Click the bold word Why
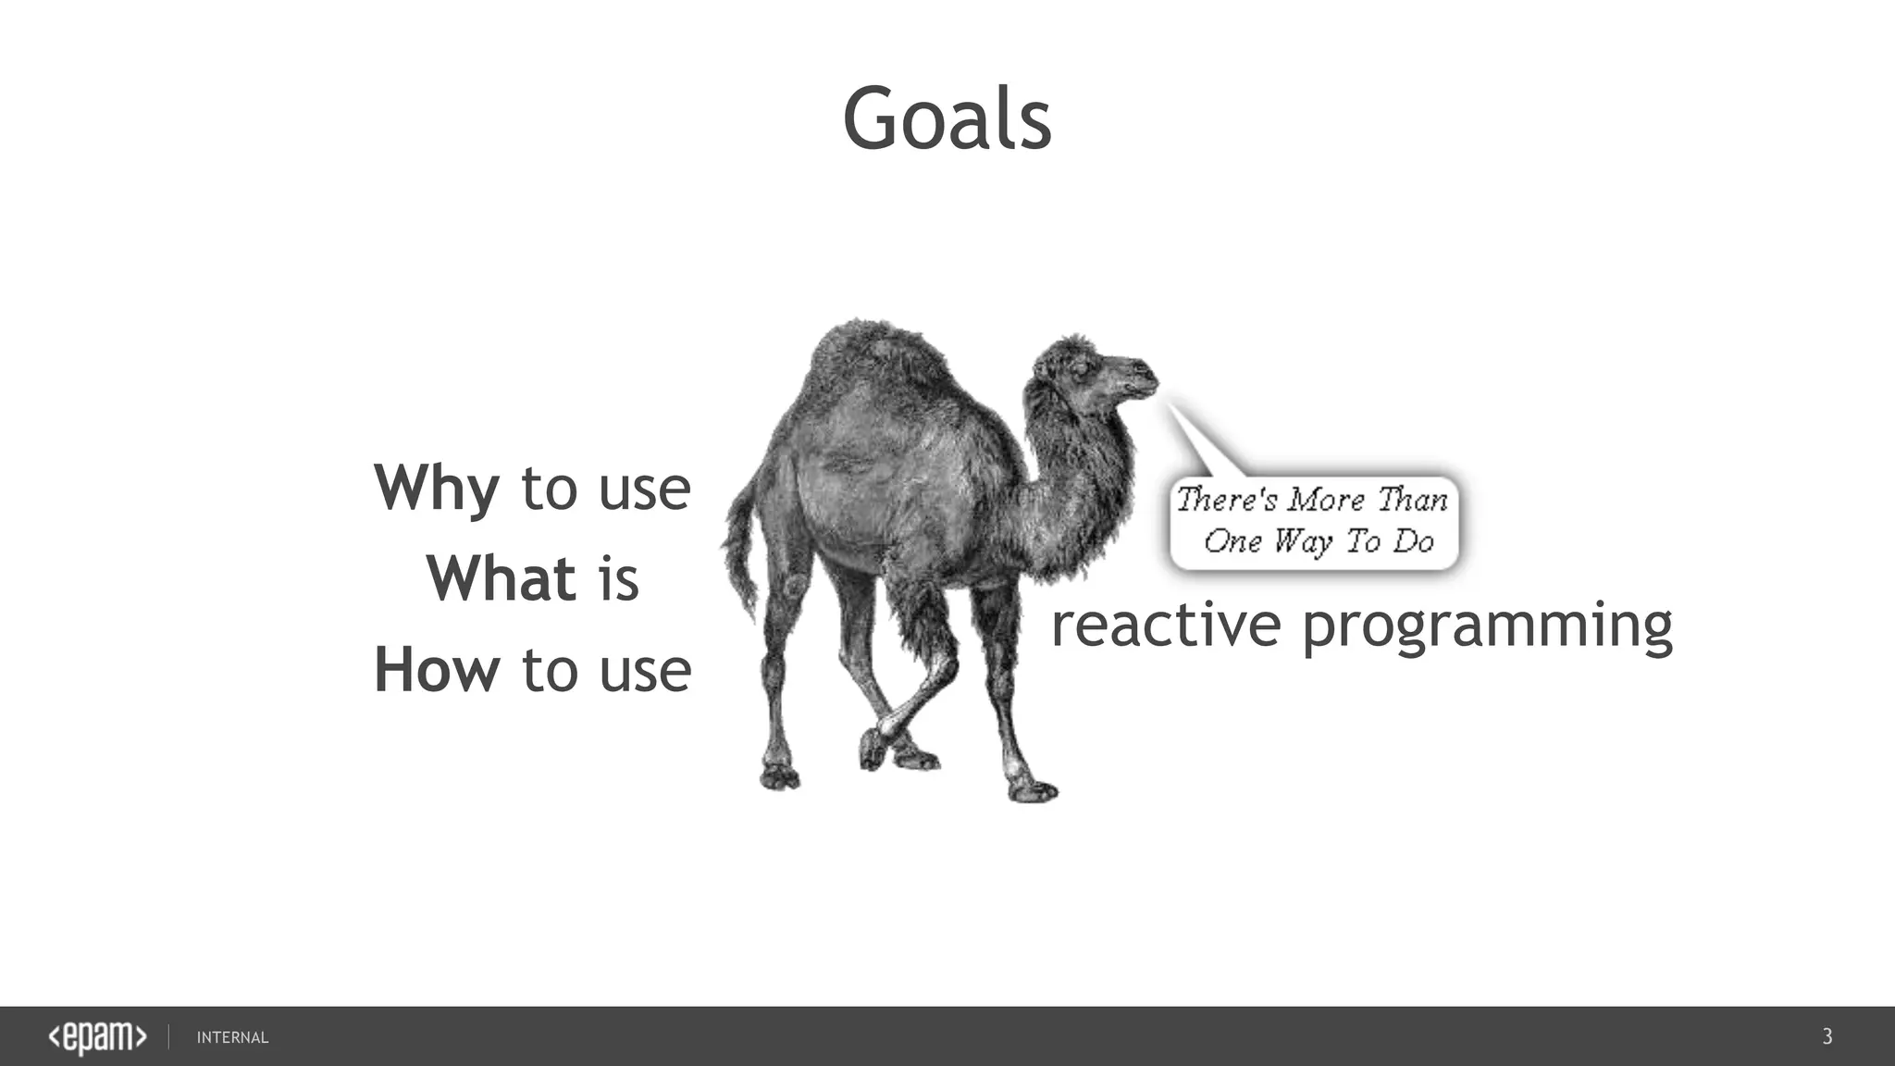pyautogui.click(x=436, y=488)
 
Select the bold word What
pyautogui.click(x=501, y=579)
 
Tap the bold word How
pyautogui.click(x=436, y=670)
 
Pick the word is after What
pyautogui.click(x=618, y=579)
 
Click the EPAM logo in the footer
pyautogui.click(x=97, y=1037)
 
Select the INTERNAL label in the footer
pyautogui.click(x=232, y=1038)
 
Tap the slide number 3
pyautogui.click(x=1827, y=1036)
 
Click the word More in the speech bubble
pyautogui.click(x=1326, y=501)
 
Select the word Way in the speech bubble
pyautogui.click(x=1302, y=542)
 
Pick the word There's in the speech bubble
pyautogui.click(x=1226, y=500)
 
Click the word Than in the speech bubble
pyautogui.click(x=1412, y=501)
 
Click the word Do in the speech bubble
pyautogui.click(x=1414, y=541)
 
